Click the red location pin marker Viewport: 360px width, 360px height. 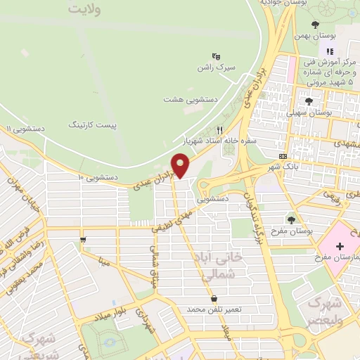(182, 166)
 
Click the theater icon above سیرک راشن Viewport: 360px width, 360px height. (216, 56)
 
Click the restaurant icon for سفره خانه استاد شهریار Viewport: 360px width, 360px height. (219, 130)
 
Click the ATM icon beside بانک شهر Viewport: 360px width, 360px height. (283, 157)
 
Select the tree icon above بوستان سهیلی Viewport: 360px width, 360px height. (310, 101)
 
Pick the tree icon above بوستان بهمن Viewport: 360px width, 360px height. (333, 25)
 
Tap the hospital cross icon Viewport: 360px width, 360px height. (341, 246)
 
